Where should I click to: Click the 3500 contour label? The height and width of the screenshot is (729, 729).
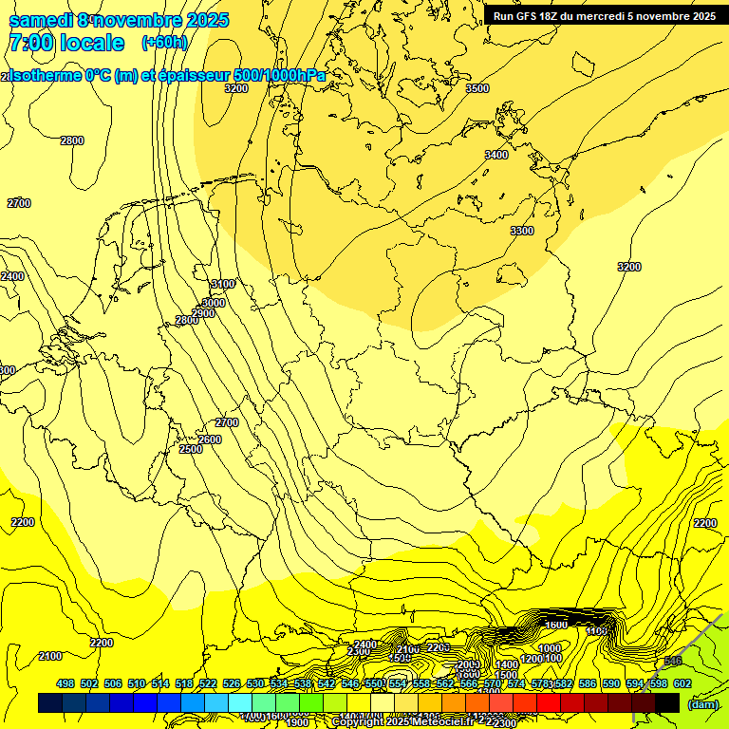477,88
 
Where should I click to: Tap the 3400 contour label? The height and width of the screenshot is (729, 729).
495,155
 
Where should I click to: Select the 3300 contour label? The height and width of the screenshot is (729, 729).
521,231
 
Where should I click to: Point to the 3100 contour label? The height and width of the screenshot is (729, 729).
222,284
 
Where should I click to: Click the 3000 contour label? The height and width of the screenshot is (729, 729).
214,303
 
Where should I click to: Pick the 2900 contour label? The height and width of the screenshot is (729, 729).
203,313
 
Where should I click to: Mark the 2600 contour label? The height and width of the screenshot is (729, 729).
210,439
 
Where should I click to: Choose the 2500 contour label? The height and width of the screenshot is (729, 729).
191,449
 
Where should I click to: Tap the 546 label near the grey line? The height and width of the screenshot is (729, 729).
672,662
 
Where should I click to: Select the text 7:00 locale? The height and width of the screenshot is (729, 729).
66,43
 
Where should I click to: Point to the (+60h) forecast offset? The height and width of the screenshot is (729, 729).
164,43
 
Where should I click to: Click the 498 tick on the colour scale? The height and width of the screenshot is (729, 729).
65,683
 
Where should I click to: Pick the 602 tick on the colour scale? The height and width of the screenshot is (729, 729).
682,683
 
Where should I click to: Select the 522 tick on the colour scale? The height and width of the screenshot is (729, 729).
208,683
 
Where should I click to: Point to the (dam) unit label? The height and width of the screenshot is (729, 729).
702,704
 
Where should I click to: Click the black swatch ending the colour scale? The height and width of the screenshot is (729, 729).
666,702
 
